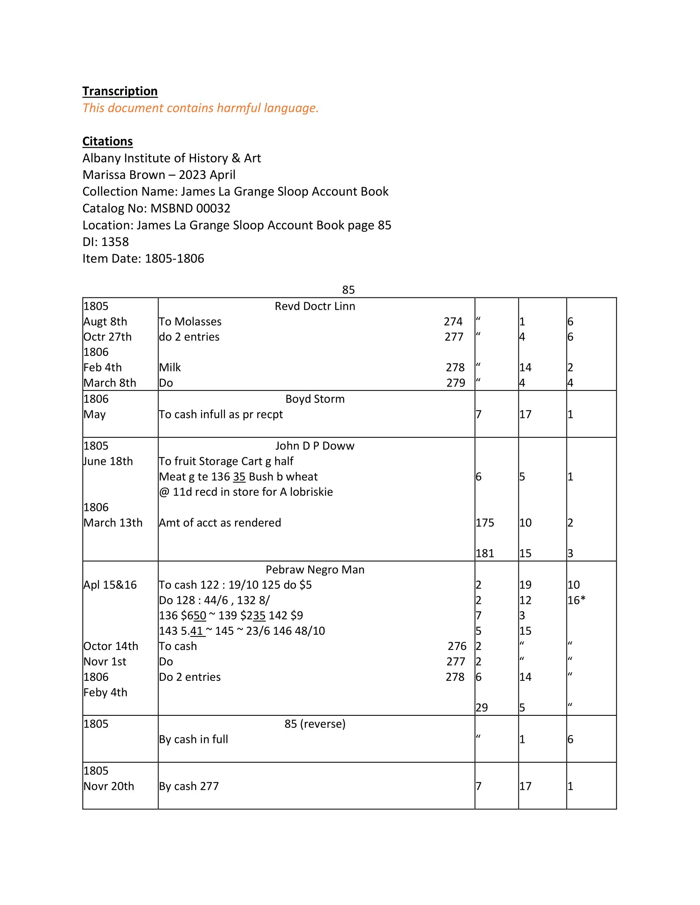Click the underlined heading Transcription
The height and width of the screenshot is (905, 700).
pyautogui.click(x=120, y=91)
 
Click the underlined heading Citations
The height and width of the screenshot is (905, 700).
pyautogui.click(x=107, y=141)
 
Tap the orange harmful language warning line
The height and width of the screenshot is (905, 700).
pyautogui.click(x=200, y=108)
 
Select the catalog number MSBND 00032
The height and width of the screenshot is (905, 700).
pyautogui.click(x=190, y=208)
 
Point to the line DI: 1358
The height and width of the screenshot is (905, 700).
pyautogui.click(x=106, y=241)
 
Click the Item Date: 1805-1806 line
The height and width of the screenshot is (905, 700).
pyautogui.click(x=143, y=259)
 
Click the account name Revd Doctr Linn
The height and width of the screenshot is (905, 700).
pyautogui.click(x=315, y=306)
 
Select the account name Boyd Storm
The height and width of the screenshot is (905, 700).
pyautogui.click(x=315, y=399)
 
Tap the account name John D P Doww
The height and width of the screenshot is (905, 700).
pyautogui.click(x=315, y=446)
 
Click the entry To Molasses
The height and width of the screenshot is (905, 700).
pyautogui.click(x=190, y=322)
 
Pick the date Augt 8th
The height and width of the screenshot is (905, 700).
pyautogui.click(x=105, y=322)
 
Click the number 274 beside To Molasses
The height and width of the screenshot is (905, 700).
pyautogui.click(x=453, y=322)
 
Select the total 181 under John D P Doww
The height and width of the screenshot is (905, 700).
pyautogui.click(x=485, y=553)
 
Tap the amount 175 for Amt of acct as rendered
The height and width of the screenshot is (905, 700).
pyautogui.click(x=485, y=522)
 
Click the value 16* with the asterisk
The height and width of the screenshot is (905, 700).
pyautogui.click(x=576, y=600)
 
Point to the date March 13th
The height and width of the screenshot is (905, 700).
pyautogui.click(x=113, y=522)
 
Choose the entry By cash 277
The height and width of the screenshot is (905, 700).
pyautogui.click(x=189, y=786)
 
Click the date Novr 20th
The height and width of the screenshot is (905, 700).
pyautogui.click(x=109, y=786)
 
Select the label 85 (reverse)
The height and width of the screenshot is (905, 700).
pyautogui.click(x=315, y=724)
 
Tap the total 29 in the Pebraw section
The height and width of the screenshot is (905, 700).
pyautogui.click(x=481, y=708)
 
